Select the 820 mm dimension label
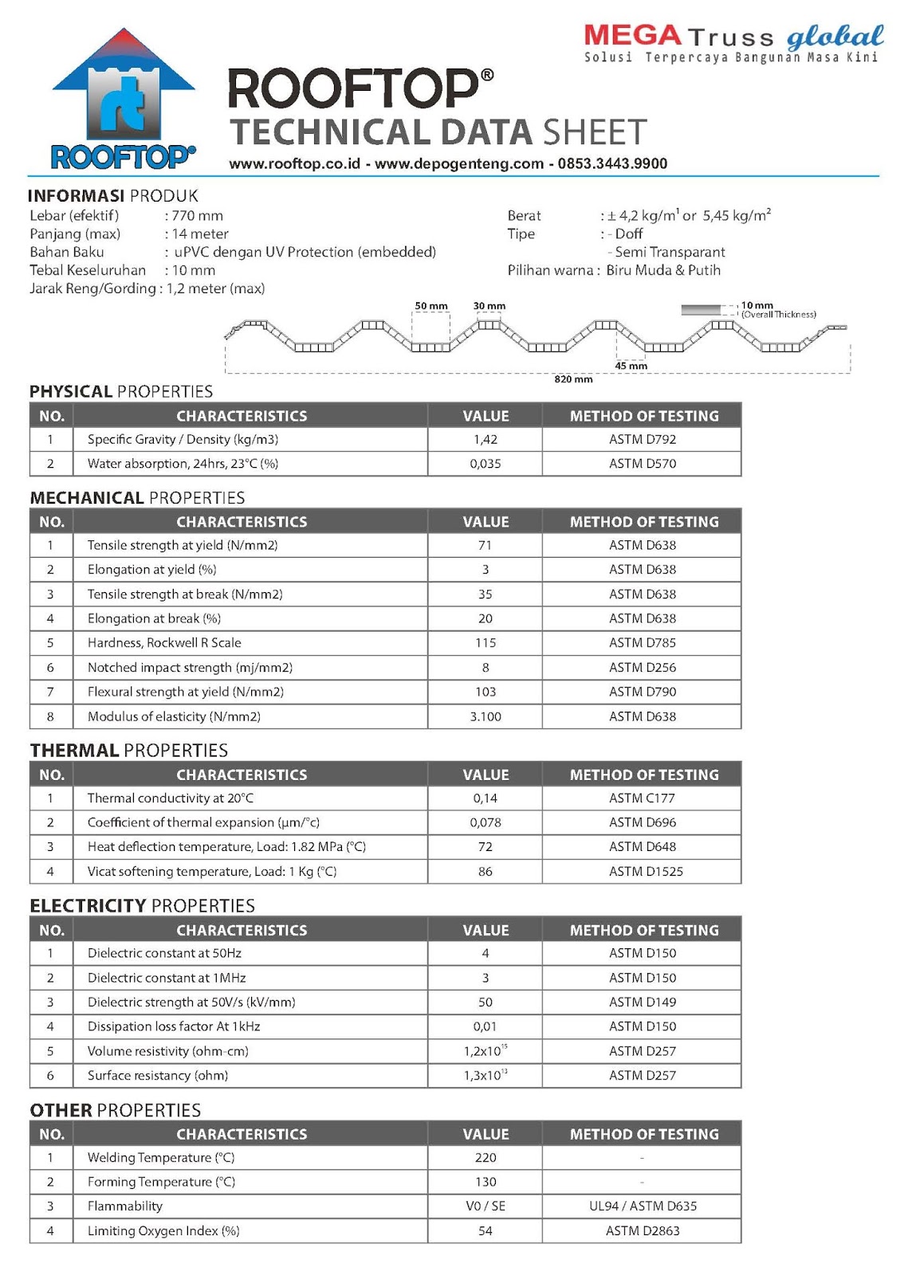[x=573, y=379]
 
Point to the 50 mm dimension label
[x=431, y=306]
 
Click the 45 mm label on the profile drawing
[x=631, y=366]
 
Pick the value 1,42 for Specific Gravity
[x=485, y=439]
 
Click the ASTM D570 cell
[x=642, y=464]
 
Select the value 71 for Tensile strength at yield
[x=485, y=545]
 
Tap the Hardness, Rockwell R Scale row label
[x=164, y=642]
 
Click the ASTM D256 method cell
[x=642, y=668]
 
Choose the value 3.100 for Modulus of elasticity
[x=485, y=716]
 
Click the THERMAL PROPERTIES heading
[x=128, y=750]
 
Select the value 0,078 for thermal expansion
[x=485, y=822]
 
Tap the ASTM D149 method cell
[x=642, y=1002]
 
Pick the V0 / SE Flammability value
[x=485, y=1206]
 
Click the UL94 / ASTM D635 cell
[x=642, y=1206]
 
